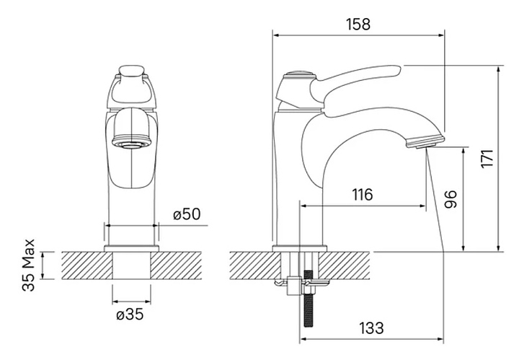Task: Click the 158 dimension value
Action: click(x=358, y=25)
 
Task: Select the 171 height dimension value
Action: click(x=487, y=159)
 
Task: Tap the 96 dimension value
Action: click(x=450, y=199)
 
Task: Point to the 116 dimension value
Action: click(x=362, y=195)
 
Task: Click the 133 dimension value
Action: click(x=371, y=328)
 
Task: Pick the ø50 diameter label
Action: click(x=187, y=214)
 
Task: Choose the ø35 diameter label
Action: click(x=130, y=314)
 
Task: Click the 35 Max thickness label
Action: click(x=28, y=265)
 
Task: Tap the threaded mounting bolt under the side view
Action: click(x=309, y=299)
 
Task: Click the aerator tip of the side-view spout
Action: click(x=424, y=141)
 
